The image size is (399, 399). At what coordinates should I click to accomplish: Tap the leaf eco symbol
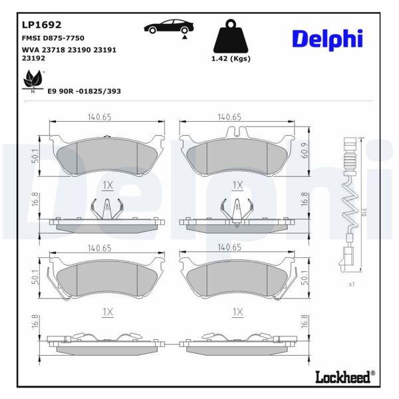(x=31, y=82)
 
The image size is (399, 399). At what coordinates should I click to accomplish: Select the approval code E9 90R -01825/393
(x=84, y=90)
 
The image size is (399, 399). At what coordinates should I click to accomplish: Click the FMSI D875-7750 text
(x=53, y=40)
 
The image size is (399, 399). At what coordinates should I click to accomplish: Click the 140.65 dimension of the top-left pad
(x=99, y=117)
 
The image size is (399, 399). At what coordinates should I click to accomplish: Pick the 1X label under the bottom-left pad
(x=108, y=311)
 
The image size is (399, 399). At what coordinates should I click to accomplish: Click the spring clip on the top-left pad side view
(x=106, y=209)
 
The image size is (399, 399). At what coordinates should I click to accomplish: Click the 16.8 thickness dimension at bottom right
(x=305, y=322)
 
